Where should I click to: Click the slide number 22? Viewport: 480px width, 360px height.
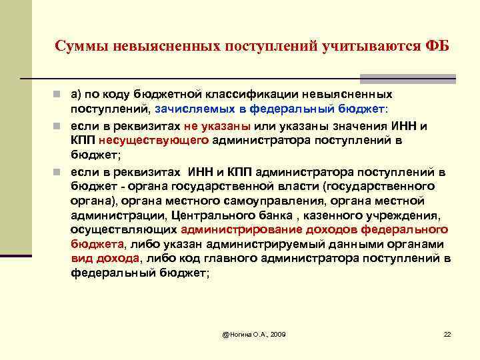point(447,333)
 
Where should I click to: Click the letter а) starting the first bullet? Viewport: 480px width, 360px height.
point(77,94)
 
